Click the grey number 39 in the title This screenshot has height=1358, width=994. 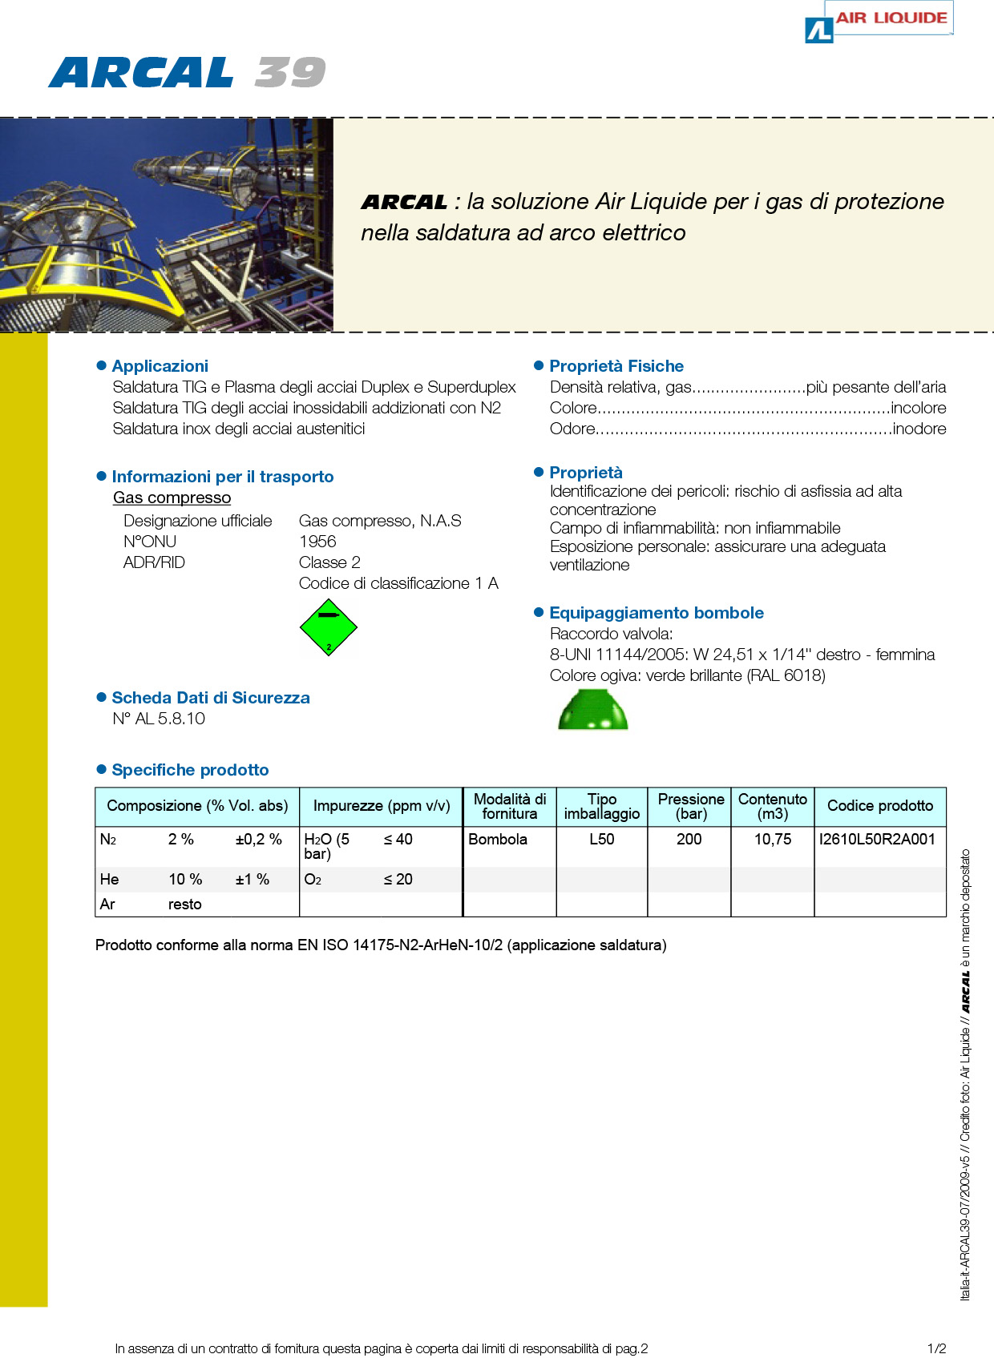[x=290, y=73]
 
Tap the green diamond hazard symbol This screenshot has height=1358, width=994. [x=328, y=628]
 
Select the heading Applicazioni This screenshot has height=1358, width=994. [x=160, y=366]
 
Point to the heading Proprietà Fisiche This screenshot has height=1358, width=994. [x=616, y=366]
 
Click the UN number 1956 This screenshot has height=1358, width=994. [x=317, y=542]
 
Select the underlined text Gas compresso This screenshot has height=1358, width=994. [x=172, y=498]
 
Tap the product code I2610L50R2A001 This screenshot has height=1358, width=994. [x=877, y=840]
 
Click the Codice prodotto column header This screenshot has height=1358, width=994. [x=879, y=806]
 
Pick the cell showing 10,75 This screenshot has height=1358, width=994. [x=772, y=840]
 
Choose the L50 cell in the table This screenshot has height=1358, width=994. [x=601, y=840]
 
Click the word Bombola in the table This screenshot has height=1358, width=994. [x=498, y=840]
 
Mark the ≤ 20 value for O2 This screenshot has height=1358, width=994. [x=398, y=880]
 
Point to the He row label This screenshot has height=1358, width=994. [x=110, y=880]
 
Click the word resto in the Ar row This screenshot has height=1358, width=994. [x=184, y=905]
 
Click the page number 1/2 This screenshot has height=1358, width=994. [x=936, y=1348]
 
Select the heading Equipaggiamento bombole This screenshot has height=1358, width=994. [x=656, y=613]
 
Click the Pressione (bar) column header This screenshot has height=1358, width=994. [x=690, y=806]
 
